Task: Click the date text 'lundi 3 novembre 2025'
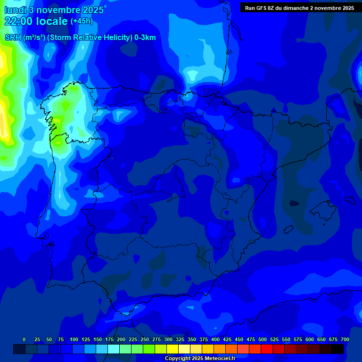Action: pyautogui.click(x=54, y=10)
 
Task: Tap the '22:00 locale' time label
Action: pyautogui.click(x=37, y=21)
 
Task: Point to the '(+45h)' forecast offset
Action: pyautogui.click(x=82, y=22)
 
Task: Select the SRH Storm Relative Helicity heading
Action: pyautogui.click(x=80, y=38)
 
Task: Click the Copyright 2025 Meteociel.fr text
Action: pyautogui.click(x=200, y=359)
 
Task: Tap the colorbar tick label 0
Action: pyautogui.click(x=24, y=339)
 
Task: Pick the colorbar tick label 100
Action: pyautogui.click(x=74, y=339)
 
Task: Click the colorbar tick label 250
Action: pyautogui.click(x=145, y=339)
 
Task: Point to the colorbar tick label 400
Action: pyautogui.click(x=215, y=339)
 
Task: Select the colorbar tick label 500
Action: pyautogui.click(x=263, y=339)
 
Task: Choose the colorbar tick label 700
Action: pyautogui.click(x=345, y=339)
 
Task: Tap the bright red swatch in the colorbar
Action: pyautogui.click(x=266, y=349)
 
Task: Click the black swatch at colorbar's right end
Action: pyautogui.click(x=337, y=349)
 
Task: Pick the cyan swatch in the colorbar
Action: pyautogui.click(x=113, y=349)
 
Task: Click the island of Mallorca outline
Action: pyautogui.click(x=322, y=209)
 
